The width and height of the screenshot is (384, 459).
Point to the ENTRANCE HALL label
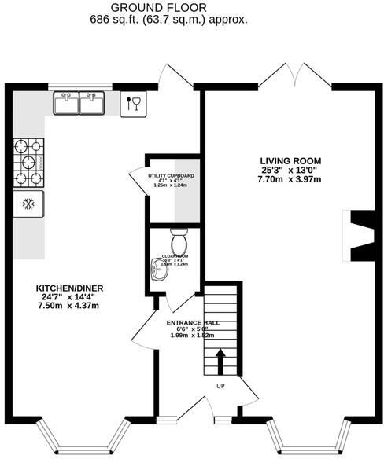pyautogui.click(x=193, y=323)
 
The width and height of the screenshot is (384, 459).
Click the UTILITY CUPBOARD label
pyautogui.click(x=171, y=175)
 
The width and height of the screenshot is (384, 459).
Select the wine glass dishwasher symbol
pyautogui.click(x=132, y=103)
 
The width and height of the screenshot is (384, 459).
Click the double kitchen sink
pyautogui.click(x=79, y=101)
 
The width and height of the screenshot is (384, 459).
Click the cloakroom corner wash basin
pyautogui.click(x=156, y=270)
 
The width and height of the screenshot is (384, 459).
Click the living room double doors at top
pyautogui.click(x=293, y=75)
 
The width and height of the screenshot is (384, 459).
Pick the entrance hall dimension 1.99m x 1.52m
pyautogui.click(x=193, y=336)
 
